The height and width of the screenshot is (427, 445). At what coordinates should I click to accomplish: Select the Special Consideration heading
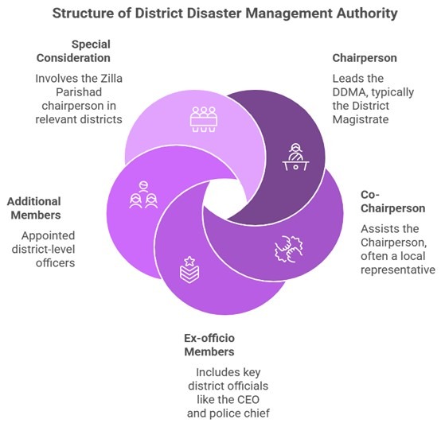[73, 51]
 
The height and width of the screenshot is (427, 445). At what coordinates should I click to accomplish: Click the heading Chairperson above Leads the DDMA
[365, 58]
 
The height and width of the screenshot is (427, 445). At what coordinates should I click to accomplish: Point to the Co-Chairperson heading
[392, 202]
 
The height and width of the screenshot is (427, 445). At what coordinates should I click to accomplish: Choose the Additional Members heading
[34, 208]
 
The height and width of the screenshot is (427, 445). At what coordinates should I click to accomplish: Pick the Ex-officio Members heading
[209, 345]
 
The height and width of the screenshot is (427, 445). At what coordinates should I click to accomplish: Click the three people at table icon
[204, 119]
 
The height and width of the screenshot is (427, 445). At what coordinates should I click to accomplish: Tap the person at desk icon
[295, 157]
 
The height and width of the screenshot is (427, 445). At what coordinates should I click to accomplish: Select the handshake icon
[289, 249]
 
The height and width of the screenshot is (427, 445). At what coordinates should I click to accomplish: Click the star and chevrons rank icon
[189, 270]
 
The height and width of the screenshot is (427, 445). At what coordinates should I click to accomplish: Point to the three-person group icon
[143, 195]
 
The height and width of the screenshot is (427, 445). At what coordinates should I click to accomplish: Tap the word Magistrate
[361, 119]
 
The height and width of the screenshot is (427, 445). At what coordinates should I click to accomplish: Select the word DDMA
[349, 92]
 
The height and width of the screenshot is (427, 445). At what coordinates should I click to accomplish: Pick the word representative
[398, 270]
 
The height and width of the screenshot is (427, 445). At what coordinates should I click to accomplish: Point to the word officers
[56, 263]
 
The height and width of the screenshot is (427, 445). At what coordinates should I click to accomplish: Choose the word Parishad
[79, 92]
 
